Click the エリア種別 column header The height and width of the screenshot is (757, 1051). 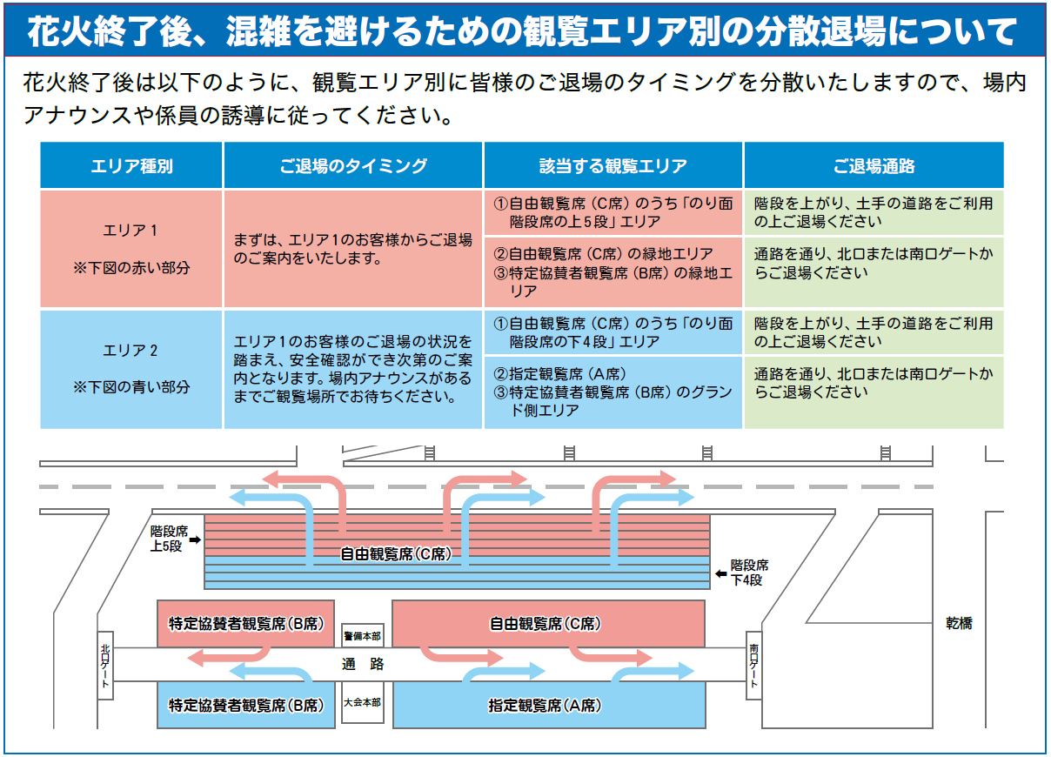point(131,165)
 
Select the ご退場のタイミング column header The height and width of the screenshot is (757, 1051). point(353,165)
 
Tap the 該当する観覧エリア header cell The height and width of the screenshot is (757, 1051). point(613,165)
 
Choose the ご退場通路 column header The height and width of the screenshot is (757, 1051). point(874,165)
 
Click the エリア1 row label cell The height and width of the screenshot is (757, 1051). point(131,249)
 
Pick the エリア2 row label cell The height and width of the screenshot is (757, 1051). point(131,369)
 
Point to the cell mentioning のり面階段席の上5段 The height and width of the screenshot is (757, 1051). point(613,212)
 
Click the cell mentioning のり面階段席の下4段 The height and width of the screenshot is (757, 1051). point(613,332)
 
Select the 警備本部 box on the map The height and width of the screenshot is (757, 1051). point(362,636)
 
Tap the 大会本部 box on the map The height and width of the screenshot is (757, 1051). point(362,702)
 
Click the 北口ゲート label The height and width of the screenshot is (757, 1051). point(105,665)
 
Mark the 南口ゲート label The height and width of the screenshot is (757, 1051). point(753,665)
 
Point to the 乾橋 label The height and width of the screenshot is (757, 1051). point(959,623)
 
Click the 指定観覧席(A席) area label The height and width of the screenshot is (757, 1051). point(545,706)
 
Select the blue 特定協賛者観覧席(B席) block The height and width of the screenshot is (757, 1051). point(246,705)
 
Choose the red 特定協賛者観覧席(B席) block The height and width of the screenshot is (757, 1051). point(246,624)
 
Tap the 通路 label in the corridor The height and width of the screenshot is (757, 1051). point(363,664)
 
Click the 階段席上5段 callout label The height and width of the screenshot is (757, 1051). point(169,539)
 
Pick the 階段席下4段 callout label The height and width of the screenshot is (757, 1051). point(749,573)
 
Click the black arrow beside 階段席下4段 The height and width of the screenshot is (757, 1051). point(720,573)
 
